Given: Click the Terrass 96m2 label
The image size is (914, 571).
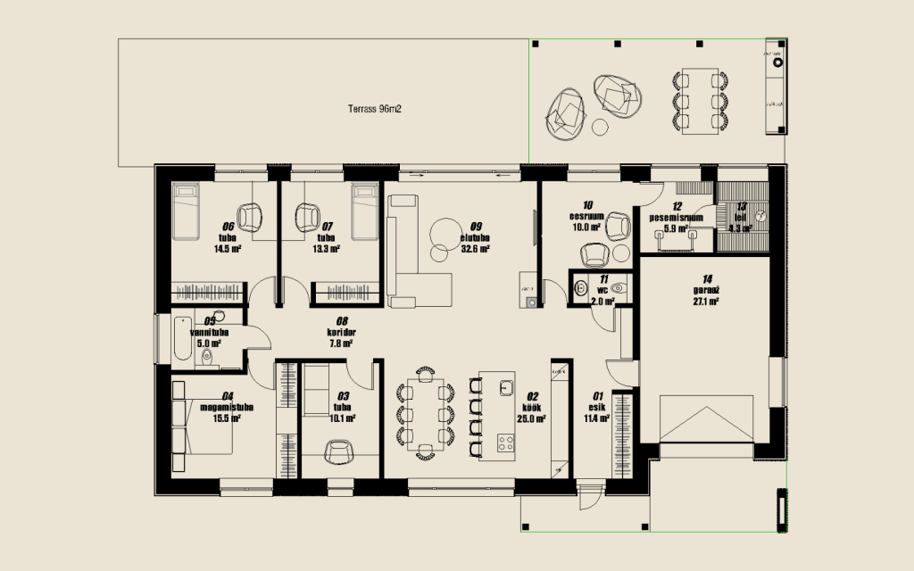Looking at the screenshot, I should click(x=373, y=110).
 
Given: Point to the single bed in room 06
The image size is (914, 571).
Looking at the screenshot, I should click(x=187, y=211).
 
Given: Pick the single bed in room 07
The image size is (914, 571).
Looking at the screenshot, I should click(x=363, y=211).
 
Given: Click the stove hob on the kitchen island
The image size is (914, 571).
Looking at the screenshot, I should click(x=505, y=442).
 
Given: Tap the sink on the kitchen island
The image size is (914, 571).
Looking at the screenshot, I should click(x=506, y=387).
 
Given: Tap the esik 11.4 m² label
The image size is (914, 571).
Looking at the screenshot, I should click(x=596, y=411).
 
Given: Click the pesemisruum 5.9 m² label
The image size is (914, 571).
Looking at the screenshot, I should click(x=677, y=222).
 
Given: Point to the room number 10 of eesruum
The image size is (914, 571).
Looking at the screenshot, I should click(x=587, y=204).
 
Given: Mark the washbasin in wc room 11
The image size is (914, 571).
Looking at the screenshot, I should click(x=580, y=288).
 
